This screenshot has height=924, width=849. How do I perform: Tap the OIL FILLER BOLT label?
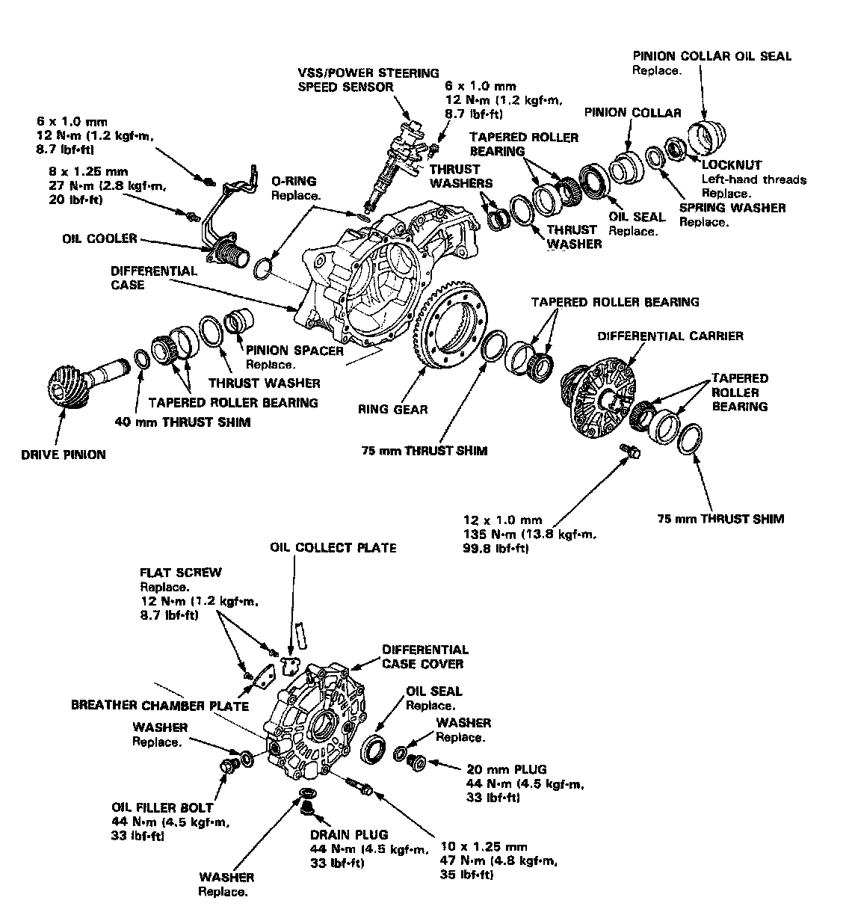(162, 807)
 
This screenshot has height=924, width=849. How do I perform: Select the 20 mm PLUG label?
(506, 769)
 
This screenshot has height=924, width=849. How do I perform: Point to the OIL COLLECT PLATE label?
(333, 547)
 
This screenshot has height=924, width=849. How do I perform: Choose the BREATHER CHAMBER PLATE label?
(160, 705)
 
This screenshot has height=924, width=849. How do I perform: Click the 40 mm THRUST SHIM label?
(182, 421)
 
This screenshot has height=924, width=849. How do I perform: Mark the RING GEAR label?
(392, 409)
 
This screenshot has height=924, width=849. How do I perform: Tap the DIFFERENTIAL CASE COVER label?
(424, 656)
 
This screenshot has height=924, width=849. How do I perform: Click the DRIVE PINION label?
(64, 454)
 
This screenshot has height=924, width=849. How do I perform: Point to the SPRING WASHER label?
(732, 207)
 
